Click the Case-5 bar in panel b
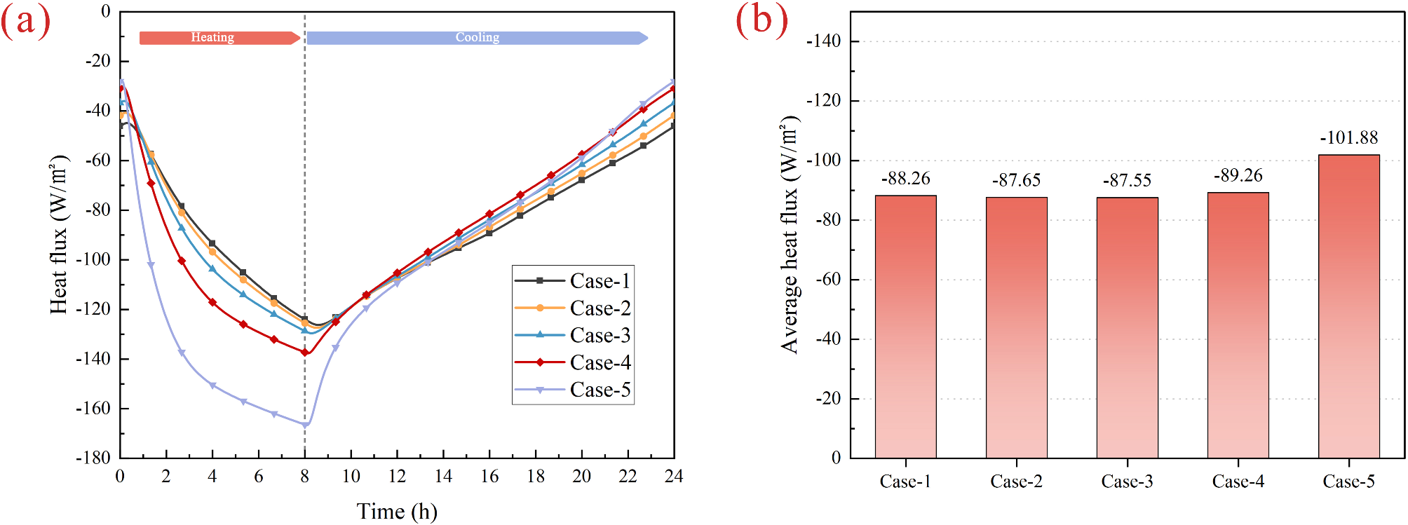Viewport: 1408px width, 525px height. tap(1348, 306)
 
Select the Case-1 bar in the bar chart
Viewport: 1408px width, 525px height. tap(905, 327)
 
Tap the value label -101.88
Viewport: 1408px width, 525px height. tap(1348, 138)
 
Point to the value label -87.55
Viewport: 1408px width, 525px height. tap(1127, 181)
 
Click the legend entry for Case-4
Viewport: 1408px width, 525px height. tap(574, 362)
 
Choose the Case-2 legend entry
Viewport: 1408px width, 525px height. tap(574, 308)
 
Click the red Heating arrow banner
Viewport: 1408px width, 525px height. tap(219, 38)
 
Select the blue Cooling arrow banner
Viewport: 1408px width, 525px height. tap(477, 38)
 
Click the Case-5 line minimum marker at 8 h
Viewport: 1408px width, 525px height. tap(305, 424)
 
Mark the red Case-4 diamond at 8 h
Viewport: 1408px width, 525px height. tap(305, 352)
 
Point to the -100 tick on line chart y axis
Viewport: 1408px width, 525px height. tap(97, 259)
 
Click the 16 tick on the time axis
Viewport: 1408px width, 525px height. tap(489, 477)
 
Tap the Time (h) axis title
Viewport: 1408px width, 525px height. tap(396, 511)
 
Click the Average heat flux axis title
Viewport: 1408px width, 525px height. tap(790, 235)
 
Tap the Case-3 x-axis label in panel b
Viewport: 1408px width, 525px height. tap(1127, 482)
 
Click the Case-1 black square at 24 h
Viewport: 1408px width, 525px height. tap(673, 125)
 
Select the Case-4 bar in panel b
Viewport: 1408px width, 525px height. tap(1238, 325)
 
